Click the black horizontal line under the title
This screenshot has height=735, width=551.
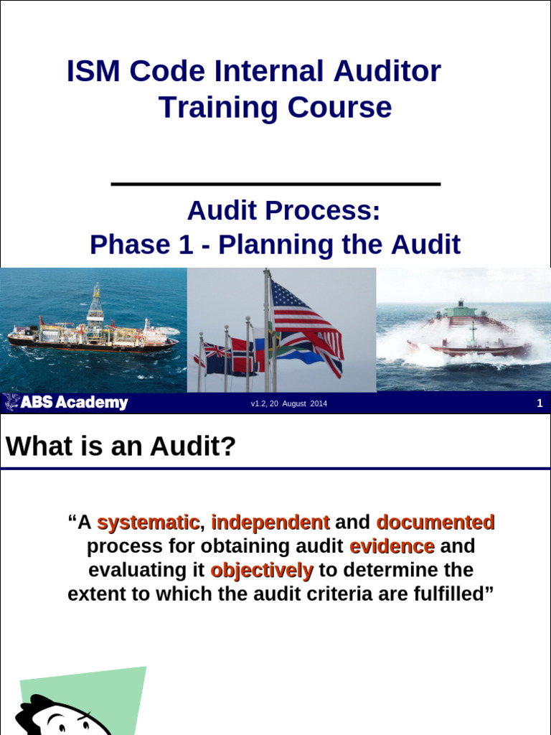[x=275, y=184]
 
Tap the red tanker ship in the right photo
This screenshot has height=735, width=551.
[x=469, y=337]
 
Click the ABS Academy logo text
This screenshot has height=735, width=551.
[x=66, y=403]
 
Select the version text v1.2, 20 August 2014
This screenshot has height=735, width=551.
[x=288, y=404]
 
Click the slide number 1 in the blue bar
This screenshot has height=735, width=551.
[x=540, y=403]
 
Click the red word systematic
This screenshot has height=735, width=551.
[x=147, y=522]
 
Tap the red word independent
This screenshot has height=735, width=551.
[x=270, y=522]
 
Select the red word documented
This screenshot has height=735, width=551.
[x=435, y=522]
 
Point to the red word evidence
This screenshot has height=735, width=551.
[x=392, y=546]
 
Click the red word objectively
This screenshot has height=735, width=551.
[x=262, y=571]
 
